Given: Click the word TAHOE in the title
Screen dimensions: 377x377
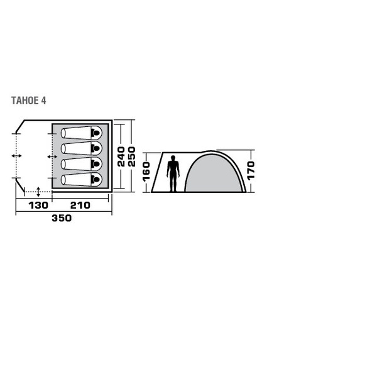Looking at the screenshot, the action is [25, 101].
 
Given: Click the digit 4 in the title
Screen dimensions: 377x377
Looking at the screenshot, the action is [43, 101].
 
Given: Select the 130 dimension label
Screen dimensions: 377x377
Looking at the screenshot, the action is [38, 205].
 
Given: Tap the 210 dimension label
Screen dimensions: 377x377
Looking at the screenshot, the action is [80, 205].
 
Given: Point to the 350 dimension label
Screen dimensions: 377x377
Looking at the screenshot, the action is [62, 218].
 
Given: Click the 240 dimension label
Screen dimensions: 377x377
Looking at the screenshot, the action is [121, 156].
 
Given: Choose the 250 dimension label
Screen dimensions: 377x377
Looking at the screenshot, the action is [132, 156].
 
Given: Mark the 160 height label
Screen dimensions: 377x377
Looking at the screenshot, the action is [146, 172].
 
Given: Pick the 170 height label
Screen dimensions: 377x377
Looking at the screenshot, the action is [251, 171].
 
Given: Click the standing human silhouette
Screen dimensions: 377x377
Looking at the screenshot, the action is [173, 173].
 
